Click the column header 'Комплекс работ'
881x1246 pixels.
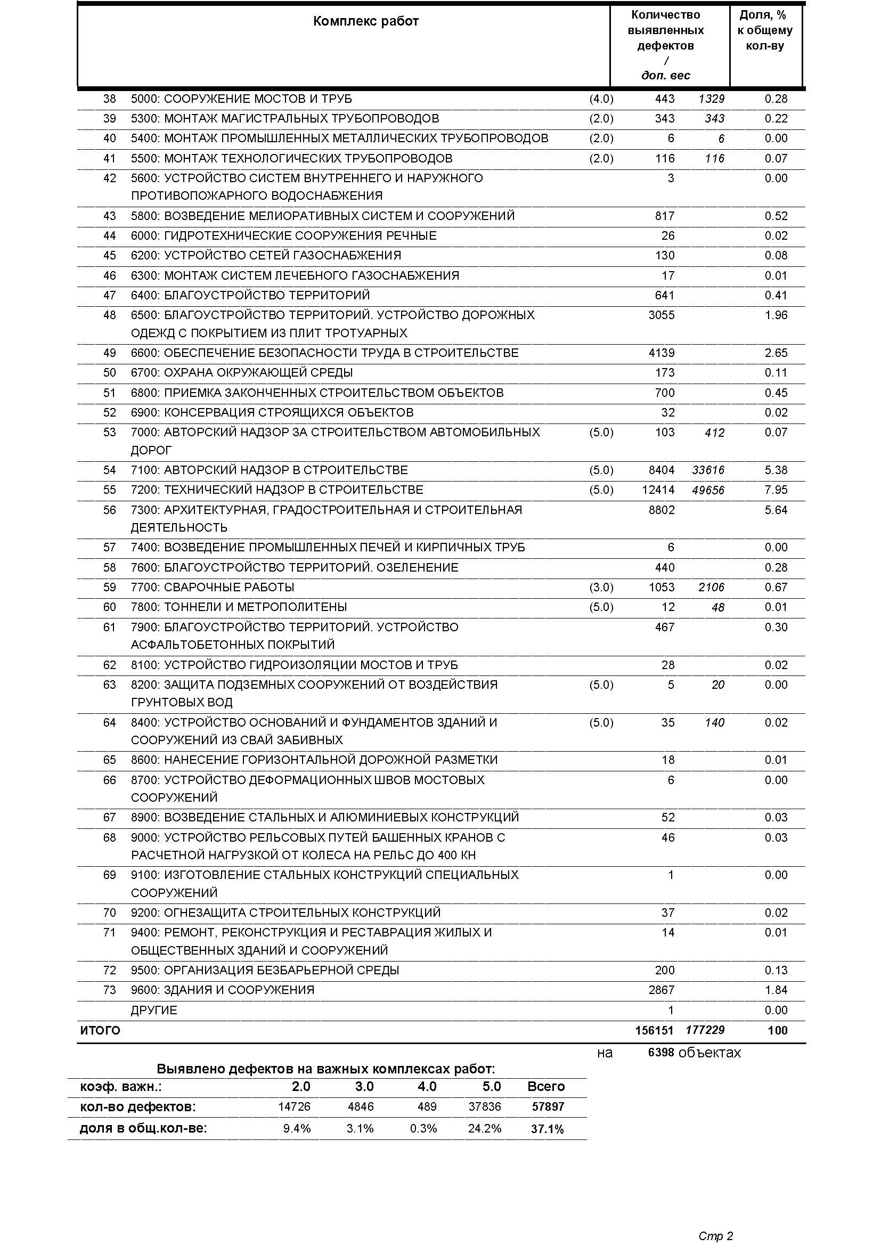pos(365,22)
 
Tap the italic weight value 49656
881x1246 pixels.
pos(708,491)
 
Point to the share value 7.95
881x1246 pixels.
pos(776,490)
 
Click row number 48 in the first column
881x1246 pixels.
pos(110,315)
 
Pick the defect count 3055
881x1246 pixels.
pos(662,315)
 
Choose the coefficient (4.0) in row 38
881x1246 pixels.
pos(601,99)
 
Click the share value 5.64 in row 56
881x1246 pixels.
pos(776,510)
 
